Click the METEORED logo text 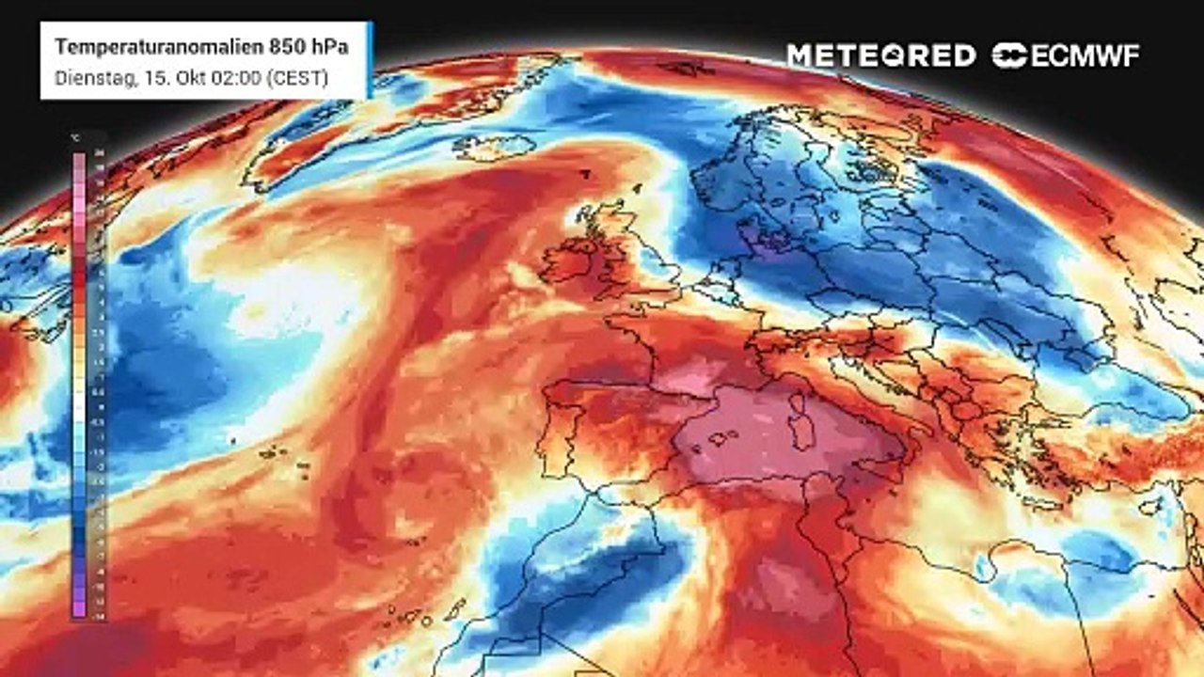[880, 55]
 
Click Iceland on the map [494, 146]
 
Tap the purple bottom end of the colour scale [79, 606]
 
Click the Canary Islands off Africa [414, 616]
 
